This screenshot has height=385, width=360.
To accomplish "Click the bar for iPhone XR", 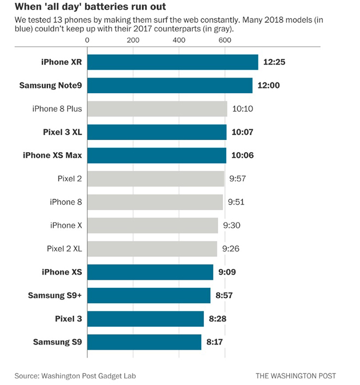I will point(172,62).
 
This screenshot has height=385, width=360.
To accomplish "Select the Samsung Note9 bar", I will point(170,86).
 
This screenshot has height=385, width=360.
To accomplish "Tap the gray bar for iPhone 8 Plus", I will point(157,109).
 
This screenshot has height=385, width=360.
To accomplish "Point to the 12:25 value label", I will point(275,62).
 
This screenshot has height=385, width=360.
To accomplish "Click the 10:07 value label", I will point(243,133).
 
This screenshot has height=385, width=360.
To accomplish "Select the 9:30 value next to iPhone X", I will point(232,225).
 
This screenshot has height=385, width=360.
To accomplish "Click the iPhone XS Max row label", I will point(52,155).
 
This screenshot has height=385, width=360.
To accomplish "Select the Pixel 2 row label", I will point(69,179).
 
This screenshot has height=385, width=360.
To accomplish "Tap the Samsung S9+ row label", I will point(55,296).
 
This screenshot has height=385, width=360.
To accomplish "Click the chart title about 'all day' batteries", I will point(91,8).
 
